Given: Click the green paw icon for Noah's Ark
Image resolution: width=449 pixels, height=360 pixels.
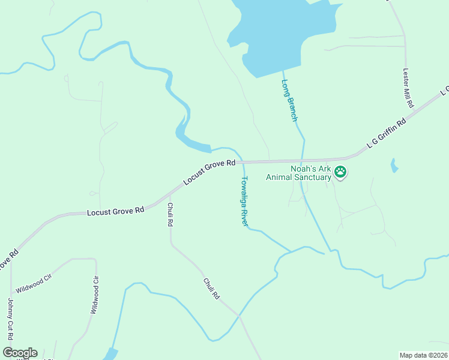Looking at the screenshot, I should [x=340, y=173].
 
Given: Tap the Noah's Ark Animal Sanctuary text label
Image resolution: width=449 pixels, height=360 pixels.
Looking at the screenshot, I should [x=310, y=173].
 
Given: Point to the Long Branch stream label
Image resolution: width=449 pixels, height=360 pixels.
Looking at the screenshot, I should [x=289, y=100].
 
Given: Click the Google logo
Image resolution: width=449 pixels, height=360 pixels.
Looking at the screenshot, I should [x=20, y=353].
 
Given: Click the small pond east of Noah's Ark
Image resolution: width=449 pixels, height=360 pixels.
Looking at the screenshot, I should [x=394, y=165].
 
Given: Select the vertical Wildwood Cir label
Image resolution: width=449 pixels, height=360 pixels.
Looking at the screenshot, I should [x=94, y=295].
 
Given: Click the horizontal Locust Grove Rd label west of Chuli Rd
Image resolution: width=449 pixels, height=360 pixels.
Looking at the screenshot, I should [x=115, y=211].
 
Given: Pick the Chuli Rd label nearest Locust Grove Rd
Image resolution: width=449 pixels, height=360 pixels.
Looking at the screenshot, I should [x=170, y=214].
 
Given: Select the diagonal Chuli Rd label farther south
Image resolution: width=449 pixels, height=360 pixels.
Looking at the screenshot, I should [x=211, y=289].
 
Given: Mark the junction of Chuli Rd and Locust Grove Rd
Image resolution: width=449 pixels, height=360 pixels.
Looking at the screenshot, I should [x=170, y=195].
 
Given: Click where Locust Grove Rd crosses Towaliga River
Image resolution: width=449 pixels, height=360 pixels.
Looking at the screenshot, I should [x=242, y=162].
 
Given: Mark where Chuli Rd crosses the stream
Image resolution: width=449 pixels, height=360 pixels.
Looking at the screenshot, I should [x=238, y=316].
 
